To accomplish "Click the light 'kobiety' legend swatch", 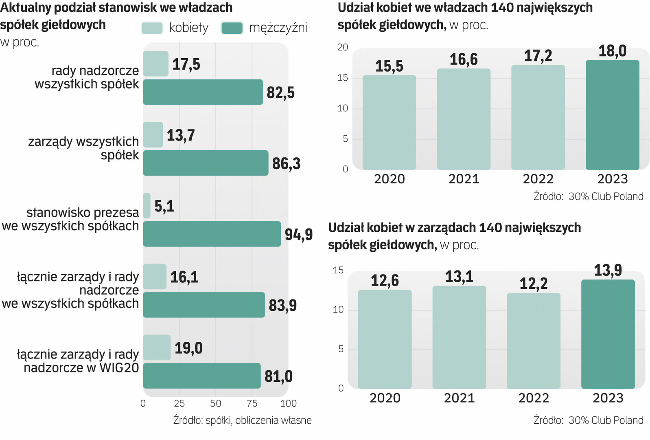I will pos(152,28).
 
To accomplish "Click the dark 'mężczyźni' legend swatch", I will pos(232,28).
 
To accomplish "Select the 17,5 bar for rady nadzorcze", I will pos(155,64).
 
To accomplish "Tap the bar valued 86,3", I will pos(206,163).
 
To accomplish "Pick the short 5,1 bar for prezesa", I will pos(147,206).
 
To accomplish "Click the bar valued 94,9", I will pos(212,234).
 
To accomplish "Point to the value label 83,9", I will pos(282,305).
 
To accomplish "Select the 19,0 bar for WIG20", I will pos(157,348).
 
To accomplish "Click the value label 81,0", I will pos(278,376).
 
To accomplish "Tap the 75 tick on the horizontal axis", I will pos(252,403).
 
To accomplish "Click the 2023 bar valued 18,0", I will pos(612,115).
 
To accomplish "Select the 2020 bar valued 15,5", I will pos(389,122).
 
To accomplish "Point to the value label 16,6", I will pos(464,59).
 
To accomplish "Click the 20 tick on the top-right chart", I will pos(343,47).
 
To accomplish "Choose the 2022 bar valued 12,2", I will pos(533,341).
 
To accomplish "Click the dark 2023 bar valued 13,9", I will pos(608,334).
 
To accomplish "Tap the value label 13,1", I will pos(459,277).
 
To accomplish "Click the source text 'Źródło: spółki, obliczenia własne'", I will pos(242,420).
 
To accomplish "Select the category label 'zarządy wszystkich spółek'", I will pos(83,148).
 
